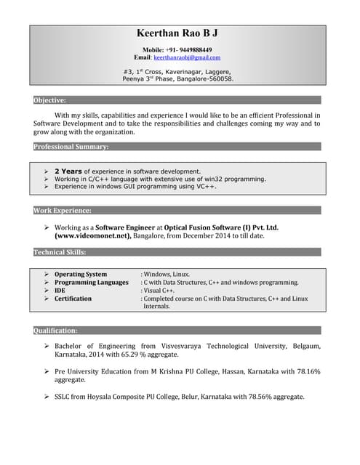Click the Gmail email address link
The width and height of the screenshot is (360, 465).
pyautogui.click(x=186, y=57)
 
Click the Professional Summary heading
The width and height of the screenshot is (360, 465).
pyautogui.click(x=71, y=147)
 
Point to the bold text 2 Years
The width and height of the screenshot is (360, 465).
pyautogui.click(x=68, y=171)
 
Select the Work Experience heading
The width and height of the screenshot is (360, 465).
pyautogui.click(x=63, y=210)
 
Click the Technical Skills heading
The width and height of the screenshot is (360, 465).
pyautogui.click(x=60, y=252)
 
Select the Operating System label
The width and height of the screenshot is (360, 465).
pyautogui.click(x=80, y=274)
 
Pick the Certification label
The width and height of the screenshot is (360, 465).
pyautogui.click(x=73, y=298)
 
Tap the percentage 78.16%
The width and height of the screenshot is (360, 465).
pyautogui.click(x=308, y=371)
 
